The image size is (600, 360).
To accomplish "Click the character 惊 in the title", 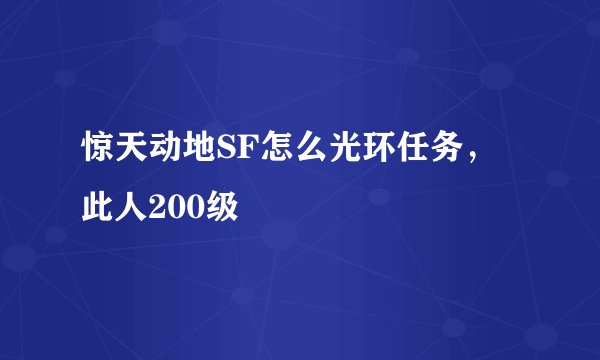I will click(x=99, y=155).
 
